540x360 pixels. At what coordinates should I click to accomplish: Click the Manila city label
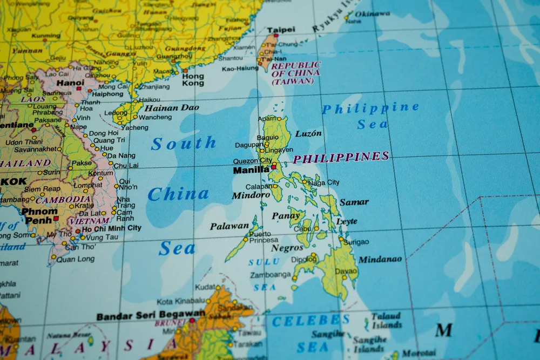pos(251,170)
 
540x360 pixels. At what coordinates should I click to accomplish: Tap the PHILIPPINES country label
pos(341,158)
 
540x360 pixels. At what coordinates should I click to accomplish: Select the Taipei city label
pos(281,30)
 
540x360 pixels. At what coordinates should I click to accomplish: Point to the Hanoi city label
pos(70,83)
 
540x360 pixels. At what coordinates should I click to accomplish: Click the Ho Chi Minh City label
pos(112,228)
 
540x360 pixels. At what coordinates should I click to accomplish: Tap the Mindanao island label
pos(380,260)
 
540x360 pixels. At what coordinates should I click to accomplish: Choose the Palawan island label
pos(230,226)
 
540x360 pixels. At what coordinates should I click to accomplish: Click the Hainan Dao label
pos(172,107)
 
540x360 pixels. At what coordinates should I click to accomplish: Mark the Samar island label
pos(354,202)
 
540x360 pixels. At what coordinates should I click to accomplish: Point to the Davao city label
pos(346,271)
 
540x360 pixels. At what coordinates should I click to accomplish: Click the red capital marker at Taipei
pos(276,36)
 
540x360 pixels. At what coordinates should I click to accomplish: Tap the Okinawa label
pos(373,13)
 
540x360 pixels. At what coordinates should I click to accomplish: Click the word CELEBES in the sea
pos(307,321)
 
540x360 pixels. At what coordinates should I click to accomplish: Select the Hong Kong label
pos(193,80)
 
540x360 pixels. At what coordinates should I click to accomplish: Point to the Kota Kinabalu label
pos(180,301)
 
